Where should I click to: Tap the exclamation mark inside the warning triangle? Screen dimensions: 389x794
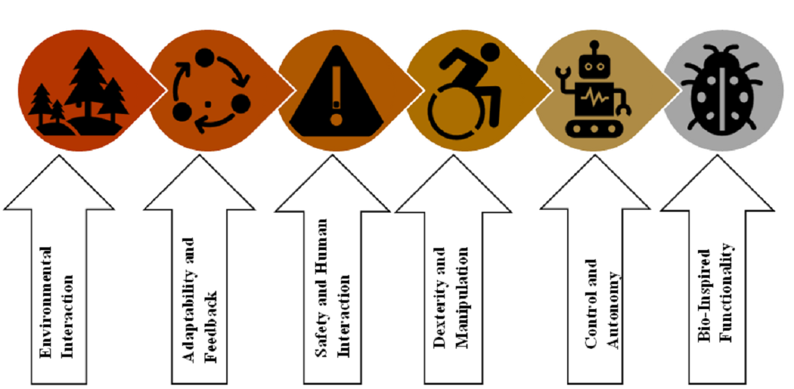coord(337,90)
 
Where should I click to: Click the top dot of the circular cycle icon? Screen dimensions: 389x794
coord(206,56)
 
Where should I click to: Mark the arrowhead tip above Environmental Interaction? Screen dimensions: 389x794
coord(59,157)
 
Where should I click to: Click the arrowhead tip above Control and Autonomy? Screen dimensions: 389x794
coord(596,157)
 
